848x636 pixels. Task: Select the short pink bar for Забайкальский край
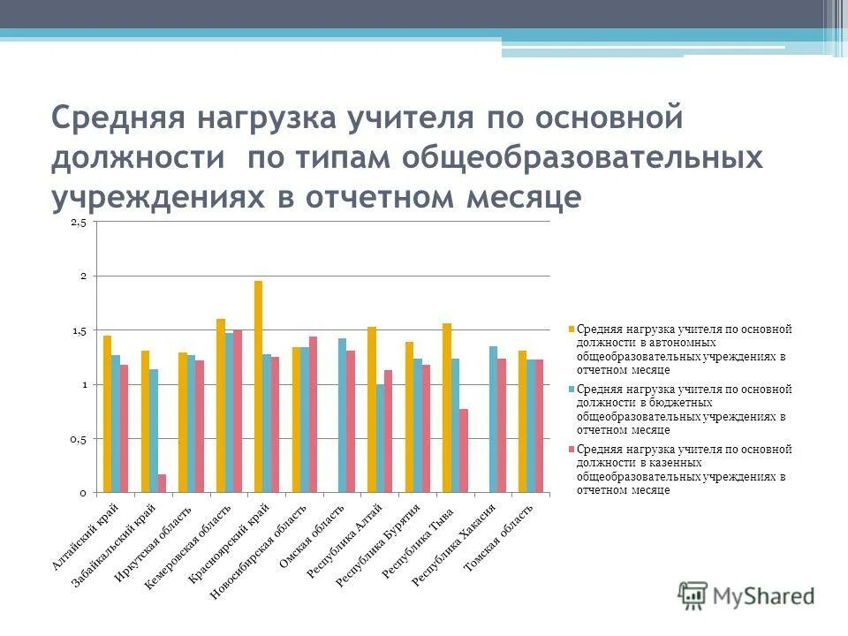162,483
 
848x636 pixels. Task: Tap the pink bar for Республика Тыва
464,450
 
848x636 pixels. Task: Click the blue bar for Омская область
342,415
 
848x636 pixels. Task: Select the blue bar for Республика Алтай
380,438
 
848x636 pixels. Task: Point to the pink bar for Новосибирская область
313,414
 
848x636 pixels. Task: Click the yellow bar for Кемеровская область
221,405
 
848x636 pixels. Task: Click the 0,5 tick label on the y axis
78,439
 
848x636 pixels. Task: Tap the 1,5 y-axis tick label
78,331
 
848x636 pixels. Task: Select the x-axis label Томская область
500,538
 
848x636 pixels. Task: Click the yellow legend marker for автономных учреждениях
572,329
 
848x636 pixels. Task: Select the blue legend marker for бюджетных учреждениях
572,390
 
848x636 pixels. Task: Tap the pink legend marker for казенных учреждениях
572,450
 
